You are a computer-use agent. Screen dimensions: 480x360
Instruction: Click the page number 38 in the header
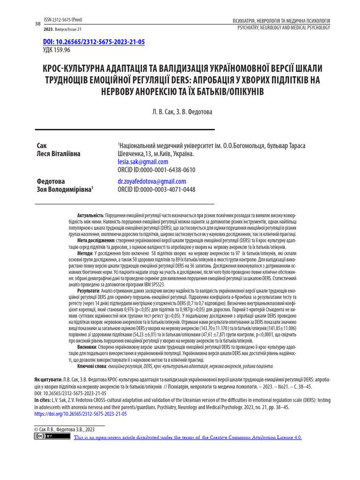pyautogui.click(x=38, y=24)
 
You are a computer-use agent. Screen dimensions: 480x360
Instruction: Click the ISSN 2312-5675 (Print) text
pyautogui.click(x=62, y=20)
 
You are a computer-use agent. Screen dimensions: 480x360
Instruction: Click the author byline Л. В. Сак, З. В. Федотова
pyautogui.click(x=180, y=112)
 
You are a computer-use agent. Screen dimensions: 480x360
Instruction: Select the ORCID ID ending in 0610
pyautogui.click(x=156, y=170)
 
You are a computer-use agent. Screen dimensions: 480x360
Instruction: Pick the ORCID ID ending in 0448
pyautogui.click(x=156, y=190)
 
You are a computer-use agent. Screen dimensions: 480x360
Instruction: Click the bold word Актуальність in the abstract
pyautogui.click(x=90, y=214)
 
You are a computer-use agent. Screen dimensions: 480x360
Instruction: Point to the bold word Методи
pyautogui.click(x=86, y=253)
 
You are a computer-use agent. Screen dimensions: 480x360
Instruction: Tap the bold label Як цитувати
pyautogui.click(x=48, y=378)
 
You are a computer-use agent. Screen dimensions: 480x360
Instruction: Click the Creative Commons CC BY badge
pyautogui.click(x=46, y=436)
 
